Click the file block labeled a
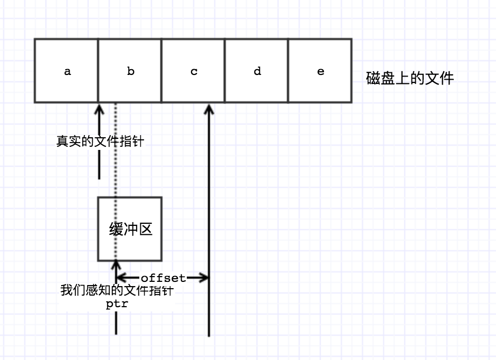click(66, 71)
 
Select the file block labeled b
click(130, 71)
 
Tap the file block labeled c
click(193, 71)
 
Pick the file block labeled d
click(256, 71)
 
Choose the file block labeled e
click(320, 71)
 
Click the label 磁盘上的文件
click(409, 79)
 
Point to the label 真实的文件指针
click(100, 141)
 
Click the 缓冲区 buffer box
click(130, 229)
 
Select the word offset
click(163, 278)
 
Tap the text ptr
click(117, 304)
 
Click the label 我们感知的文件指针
click(117, 291)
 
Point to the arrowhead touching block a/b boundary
click(99, 108)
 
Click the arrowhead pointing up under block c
click(209, 108)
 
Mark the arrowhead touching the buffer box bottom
click(116, 266)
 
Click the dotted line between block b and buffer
click(116, 153)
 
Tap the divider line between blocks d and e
click(288, 71)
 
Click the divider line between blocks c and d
click(225, 71)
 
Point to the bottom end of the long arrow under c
click(209, 334)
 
